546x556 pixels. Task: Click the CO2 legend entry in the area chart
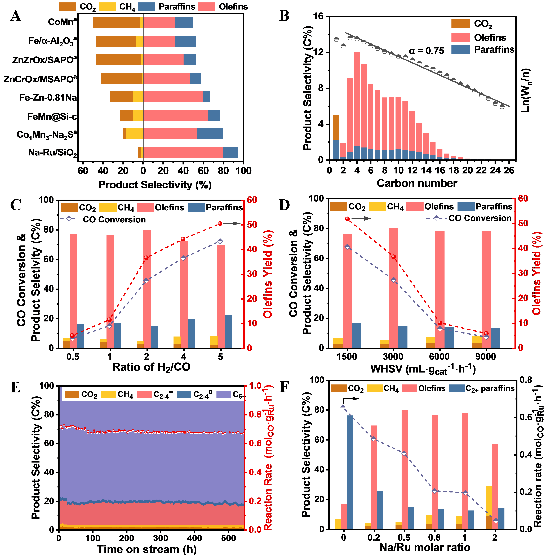click(81, 394)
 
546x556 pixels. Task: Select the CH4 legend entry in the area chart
click(117, 394)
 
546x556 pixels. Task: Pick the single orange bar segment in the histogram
click(336, 128)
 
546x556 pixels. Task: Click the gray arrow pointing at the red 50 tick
click(232, 224)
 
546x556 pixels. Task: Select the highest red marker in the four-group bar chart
click(347, 219)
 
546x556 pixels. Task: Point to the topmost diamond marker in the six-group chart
click(343, 407)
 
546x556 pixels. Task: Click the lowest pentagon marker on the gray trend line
click(502, 107)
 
